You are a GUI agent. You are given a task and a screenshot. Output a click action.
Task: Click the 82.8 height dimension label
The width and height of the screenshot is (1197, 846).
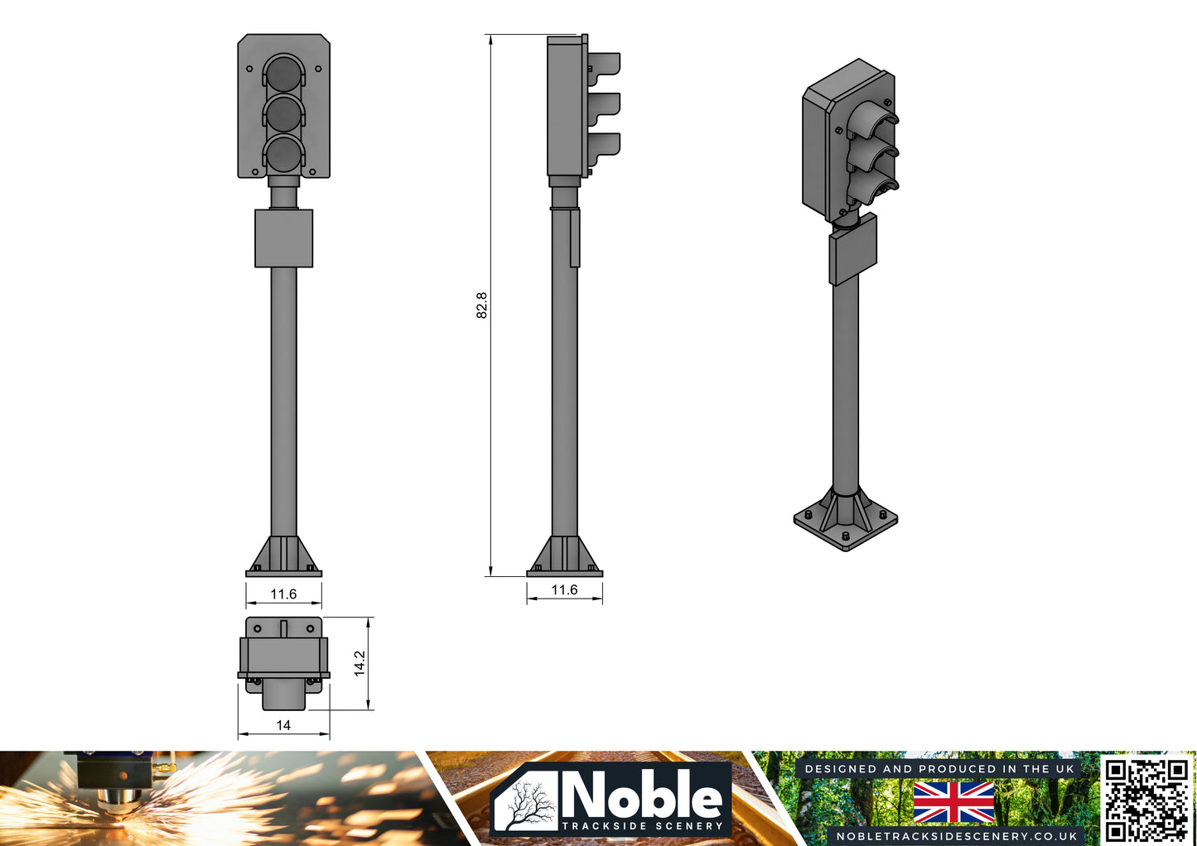[x=482, y=305]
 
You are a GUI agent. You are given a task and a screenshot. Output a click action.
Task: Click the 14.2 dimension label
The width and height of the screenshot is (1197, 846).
[x=360, y=663]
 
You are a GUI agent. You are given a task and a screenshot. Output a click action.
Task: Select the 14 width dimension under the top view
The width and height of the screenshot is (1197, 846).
[x=283, y=725]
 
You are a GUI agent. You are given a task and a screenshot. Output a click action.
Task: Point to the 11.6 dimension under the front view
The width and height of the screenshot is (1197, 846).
[x=283, y=594]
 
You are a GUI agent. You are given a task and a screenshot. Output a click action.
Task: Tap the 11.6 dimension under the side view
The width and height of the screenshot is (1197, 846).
[x=564, y=589]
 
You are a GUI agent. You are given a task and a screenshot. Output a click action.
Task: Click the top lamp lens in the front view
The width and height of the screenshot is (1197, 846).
[x=284, y=73]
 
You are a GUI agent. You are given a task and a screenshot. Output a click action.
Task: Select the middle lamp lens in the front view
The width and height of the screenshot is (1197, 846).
[x=284, y=113]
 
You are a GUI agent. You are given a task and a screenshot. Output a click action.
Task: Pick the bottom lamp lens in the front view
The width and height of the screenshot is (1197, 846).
[x=284, y=153]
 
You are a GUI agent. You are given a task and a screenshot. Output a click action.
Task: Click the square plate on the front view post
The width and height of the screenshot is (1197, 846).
[x=283, y=238]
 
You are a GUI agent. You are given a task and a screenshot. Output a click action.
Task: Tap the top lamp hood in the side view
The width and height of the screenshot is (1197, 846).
[x=605, y=65]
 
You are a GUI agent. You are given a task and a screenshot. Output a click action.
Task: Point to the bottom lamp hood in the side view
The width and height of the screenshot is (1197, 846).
[x=605, y=145]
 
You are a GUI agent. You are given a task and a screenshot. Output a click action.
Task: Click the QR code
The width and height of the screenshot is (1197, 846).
[x=1147, y=800]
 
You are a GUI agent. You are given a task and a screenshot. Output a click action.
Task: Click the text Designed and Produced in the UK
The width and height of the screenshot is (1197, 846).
[x=939, y=769]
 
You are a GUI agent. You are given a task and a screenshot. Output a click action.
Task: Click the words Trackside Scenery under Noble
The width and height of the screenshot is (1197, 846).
[x=642, y=826]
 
